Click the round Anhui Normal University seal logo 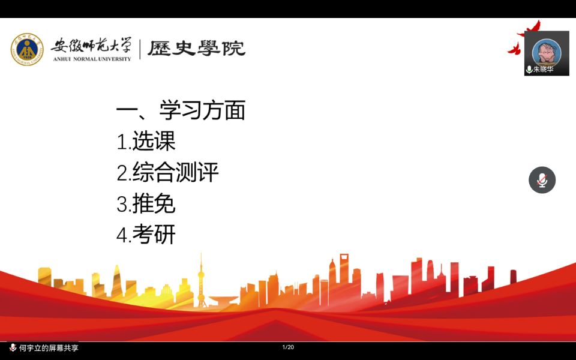pos(27,49)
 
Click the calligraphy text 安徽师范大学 pos(91,46)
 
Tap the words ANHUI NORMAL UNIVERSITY pos(92,59)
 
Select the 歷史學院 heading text pos(196,48)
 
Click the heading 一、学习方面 pos(181,110)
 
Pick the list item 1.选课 pos(146,140)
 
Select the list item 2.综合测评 pos(167,172)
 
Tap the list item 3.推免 pos(146,203)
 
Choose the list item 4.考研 pos(146,235)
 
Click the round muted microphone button pos(542,180)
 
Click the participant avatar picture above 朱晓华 pos(547,52)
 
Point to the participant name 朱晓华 pos(544,69)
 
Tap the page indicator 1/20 pos(288,347)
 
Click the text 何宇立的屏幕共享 pos(49,348)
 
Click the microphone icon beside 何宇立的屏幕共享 pos(13,347)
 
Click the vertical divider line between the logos pos(140,49)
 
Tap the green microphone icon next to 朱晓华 pos(529,70)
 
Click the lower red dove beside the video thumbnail pos(514,49)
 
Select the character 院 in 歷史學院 pos(233,48)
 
